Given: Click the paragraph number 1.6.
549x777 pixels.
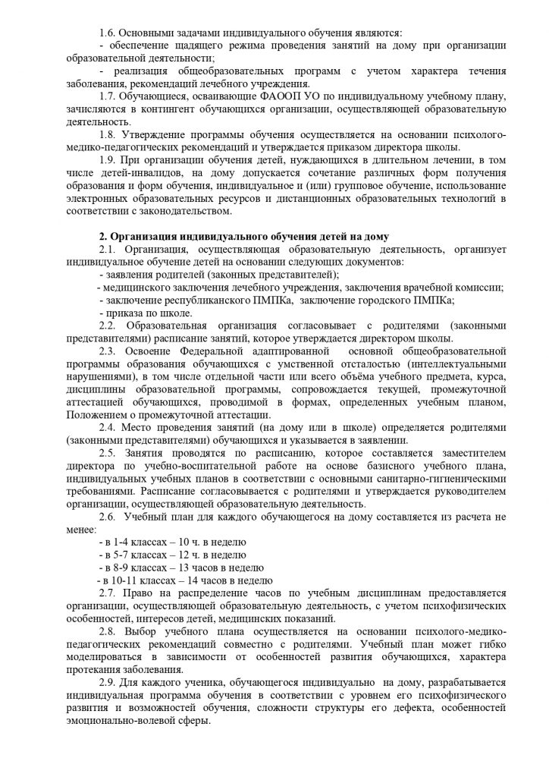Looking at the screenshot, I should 108,33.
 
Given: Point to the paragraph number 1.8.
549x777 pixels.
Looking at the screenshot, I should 108,135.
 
